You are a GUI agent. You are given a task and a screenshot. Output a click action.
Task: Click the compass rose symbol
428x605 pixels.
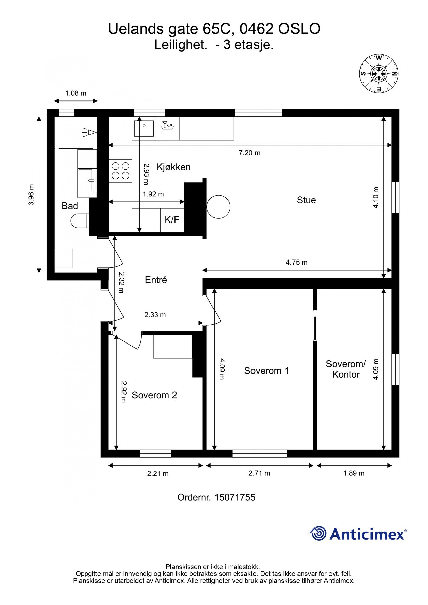(x=379, y=73)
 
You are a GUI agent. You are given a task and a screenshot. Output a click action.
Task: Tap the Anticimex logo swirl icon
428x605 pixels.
(x=318, y=533)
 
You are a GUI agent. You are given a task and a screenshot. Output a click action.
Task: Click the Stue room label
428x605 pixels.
(x=306, y=200)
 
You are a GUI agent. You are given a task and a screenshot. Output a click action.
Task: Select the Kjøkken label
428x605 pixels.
(x=173, y=167)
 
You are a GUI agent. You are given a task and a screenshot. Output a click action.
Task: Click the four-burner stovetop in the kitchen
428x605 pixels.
(x=120, y=171)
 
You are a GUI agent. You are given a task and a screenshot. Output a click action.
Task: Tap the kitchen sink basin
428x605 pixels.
(x=144, y=128)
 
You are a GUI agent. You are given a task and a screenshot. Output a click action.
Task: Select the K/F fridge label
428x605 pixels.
(x=172, y=220)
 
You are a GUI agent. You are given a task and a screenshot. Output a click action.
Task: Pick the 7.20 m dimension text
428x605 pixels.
(x=249, y=153)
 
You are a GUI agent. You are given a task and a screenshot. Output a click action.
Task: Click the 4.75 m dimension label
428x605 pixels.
(x=297, y=262)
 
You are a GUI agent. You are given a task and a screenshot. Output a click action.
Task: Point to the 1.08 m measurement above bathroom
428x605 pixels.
(x=76, y=93)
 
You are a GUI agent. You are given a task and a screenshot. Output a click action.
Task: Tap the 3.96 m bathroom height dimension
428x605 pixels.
(x=31, y=195)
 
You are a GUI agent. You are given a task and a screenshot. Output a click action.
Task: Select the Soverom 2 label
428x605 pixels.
(x=154, y=395)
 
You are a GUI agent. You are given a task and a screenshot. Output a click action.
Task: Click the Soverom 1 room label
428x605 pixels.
(x=266, y=371)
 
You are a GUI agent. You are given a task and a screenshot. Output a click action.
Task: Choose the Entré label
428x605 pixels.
(x=156, y=280)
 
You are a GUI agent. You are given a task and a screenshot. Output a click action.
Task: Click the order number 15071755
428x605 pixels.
(x=235, y=497)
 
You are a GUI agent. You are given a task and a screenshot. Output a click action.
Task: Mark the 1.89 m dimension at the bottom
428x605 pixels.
(x=354, y=473)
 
